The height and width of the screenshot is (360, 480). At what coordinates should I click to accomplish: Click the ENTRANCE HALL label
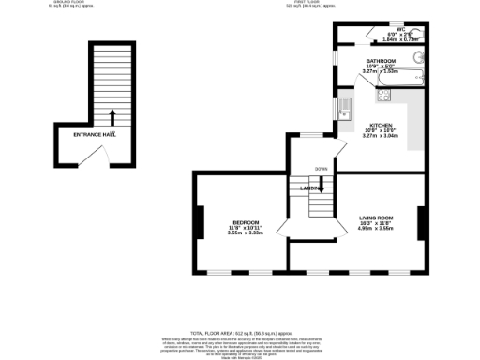pyautogui.click(x=95, y=134)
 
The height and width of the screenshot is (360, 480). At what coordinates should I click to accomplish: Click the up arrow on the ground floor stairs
pyautogui.click(x=112, y=116)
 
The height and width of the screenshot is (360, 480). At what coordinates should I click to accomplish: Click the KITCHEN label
pyautogui.click(x=381, y=125)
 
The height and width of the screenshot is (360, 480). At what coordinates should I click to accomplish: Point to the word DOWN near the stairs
pyautogui.click(x=322, y=169)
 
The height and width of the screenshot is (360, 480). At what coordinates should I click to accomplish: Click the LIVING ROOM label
pyautogui.click(x=376, y=218)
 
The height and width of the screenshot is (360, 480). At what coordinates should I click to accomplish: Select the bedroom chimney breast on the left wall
pyautogui.click(x=199, y=222)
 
